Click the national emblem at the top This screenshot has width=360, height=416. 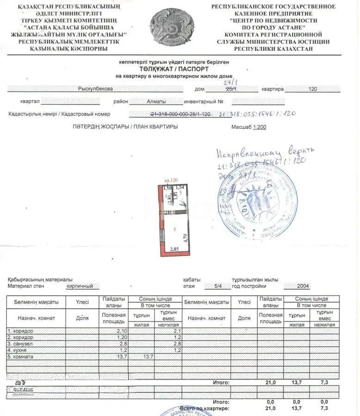coord(172,27)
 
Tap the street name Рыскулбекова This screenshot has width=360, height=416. coord(95,89)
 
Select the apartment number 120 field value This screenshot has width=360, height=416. coord(312,89)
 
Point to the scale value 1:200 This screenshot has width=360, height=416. coord(259,127)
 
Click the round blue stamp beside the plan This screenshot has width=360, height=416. coord(258,202)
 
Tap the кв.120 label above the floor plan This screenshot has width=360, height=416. coord(171,180)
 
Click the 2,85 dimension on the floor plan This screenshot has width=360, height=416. coord(174,249)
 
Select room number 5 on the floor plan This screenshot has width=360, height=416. coord(174,229)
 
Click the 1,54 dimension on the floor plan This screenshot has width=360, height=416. coord(180,187)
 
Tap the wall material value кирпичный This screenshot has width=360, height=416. coord(83,286)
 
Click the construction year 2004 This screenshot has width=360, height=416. coord(304,286)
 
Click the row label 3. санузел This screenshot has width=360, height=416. coord(20,344)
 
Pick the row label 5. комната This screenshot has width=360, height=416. coord(20,357)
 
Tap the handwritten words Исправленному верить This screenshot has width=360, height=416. coord(265,153)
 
